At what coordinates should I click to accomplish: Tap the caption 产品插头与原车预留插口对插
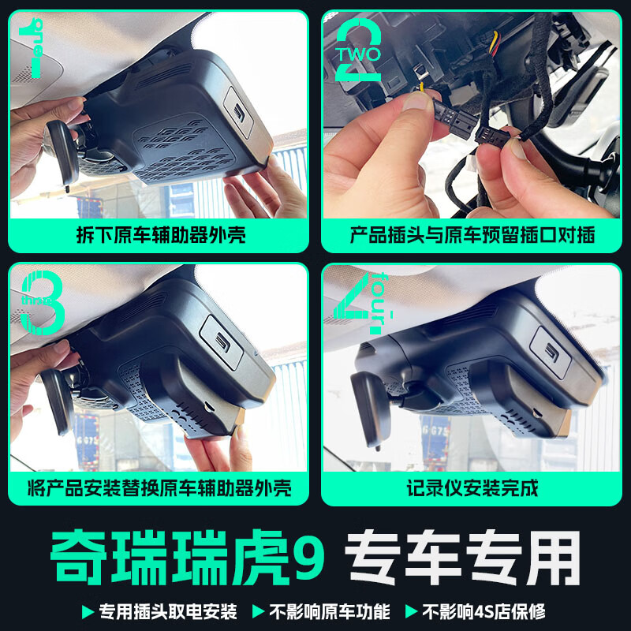click(472, 234)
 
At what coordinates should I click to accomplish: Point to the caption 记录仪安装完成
click(472, 488)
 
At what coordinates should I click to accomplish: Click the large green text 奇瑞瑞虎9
click(189, 557)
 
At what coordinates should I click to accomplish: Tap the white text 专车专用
click(465, 557)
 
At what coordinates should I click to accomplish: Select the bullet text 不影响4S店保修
click(484, 611)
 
